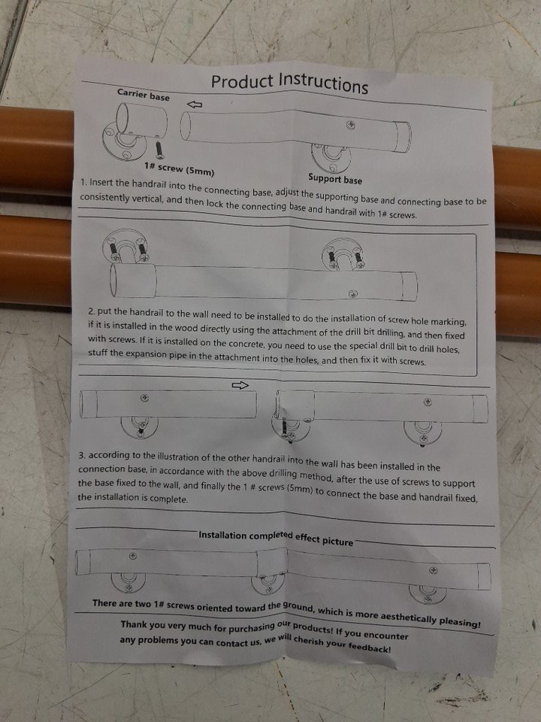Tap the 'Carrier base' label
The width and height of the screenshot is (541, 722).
click(x=143, y=95)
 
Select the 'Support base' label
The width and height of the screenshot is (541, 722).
click(x=335, y=179)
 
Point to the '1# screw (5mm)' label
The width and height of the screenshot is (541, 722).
click(x=179, y=169)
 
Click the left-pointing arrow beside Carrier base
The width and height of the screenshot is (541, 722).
click(x=195, y=105)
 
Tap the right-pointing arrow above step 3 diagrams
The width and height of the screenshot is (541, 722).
click(x=240, y=385)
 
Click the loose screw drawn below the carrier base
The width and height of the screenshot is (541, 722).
click(x=159, y=148)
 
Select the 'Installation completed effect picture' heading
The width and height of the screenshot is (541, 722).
click(x=276, y=538)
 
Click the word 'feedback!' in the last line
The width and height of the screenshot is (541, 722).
click(x=370, y=647)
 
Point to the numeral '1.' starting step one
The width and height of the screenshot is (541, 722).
click(x=83, y=182)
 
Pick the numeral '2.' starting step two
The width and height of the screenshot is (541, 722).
click(x=92, y=311)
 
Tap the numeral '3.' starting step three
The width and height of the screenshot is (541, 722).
click(x=82, y=456)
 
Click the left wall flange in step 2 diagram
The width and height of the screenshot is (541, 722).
click(x=125, y=247)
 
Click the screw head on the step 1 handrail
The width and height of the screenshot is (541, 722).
click(x=351, y=125)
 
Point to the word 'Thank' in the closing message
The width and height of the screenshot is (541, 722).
click(x=134, y=625)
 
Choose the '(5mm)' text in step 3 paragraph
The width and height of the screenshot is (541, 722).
click(x=300, y=490)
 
